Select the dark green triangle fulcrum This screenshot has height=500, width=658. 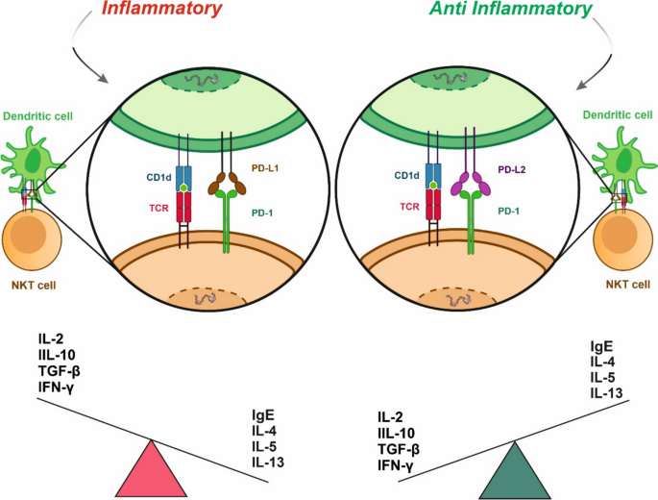(x=519, y=469)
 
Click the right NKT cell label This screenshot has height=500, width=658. (x=619, y=286)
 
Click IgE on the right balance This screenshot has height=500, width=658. (x=603, y=347)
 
